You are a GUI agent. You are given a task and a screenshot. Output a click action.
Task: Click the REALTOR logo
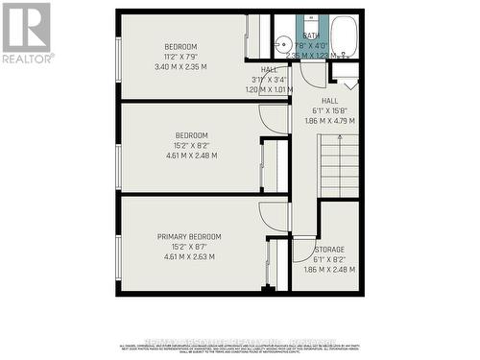pos(27,33)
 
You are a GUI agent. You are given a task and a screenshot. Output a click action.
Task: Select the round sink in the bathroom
pos(282,44)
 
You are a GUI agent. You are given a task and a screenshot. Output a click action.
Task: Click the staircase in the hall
pos(338,165)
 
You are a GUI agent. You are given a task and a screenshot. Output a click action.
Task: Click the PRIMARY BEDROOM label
pos(190,236)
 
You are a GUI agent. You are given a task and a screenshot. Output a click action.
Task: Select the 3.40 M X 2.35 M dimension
pos(180,67)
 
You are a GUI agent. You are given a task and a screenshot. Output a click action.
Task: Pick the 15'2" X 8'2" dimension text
pos(191,146)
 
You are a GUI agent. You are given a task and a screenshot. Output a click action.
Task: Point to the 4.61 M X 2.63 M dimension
pos(190,256)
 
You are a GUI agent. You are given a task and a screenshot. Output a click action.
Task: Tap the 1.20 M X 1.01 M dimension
pos(269,89)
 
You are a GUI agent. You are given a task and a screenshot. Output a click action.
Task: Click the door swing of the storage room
pos(305,248)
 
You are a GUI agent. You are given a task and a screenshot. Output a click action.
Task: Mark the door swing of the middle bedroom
pos(275,119)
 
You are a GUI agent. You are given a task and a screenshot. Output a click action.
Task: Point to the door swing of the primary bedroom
pos(275,216)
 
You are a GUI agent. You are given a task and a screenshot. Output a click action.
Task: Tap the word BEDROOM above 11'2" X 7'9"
pos(180,47)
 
